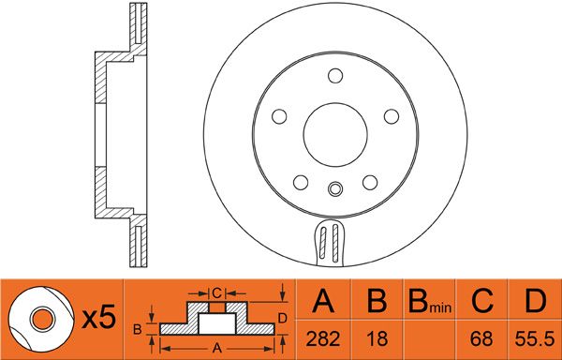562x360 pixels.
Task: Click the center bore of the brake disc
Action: point(334,129)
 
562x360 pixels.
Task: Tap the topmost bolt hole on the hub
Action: point(334,76)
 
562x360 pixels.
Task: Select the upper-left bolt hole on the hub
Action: point(278,115)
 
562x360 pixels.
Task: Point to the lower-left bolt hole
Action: point(300,182)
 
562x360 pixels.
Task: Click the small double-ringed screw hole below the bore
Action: point(334,189)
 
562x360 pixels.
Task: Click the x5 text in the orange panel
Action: point(98,319)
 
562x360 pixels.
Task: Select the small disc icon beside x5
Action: point(41,319)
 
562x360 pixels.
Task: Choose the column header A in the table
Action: point(323,302)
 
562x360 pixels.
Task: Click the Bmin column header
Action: point(429,302)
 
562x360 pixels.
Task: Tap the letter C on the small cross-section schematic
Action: point(215,292)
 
